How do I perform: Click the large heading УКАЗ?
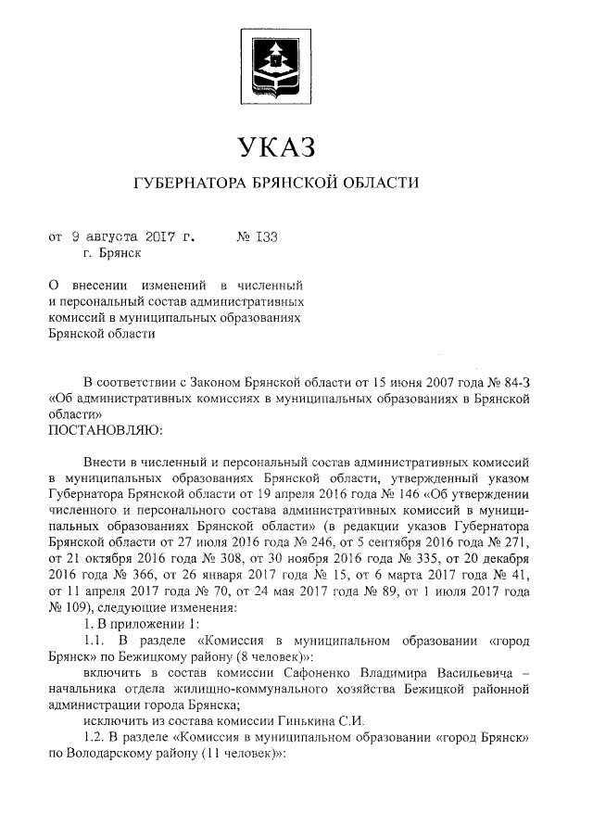tap(278, 146)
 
